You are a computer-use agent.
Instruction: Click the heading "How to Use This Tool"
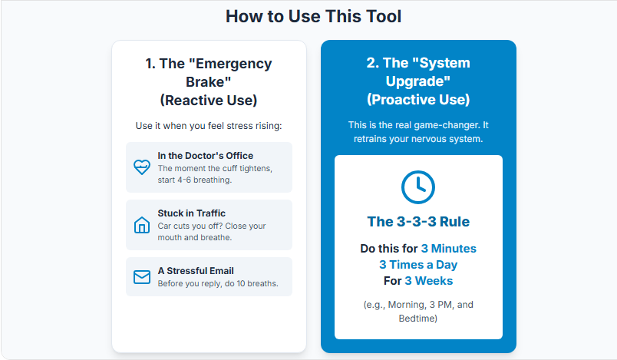313,17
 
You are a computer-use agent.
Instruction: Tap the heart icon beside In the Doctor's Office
142,167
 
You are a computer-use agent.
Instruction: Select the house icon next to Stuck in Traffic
142,225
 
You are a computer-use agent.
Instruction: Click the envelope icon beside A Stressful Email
142,277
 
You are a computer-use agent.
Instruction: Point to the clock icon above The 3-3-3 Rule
418,187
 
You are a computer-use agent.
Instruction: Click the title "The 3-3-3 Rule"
418,222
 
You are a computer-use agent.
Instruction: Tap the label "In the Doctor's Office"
206,155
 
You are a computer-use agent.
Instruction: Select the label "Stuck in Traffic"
192,213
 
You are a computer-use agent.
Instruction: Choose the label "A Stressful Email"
196,271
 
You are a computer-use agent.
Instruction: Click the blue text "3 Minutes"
449,249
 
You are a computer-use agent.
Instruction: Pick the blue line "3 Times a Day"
418,265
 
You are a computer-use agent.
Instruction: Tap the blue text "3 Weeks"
428,281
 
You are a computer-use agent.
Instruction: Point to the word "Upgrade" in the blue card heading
415,81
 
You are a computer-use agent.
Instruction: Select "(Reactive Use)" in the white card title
209,101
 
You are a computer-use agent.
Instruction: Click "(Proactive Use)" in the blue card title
418,100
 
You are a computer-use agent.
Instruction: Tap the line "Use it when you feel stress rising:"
209,126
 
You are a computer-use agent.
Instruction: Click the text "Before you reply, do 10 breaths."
218,284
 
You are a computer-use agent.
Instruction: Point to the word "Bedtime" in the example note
416,319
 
